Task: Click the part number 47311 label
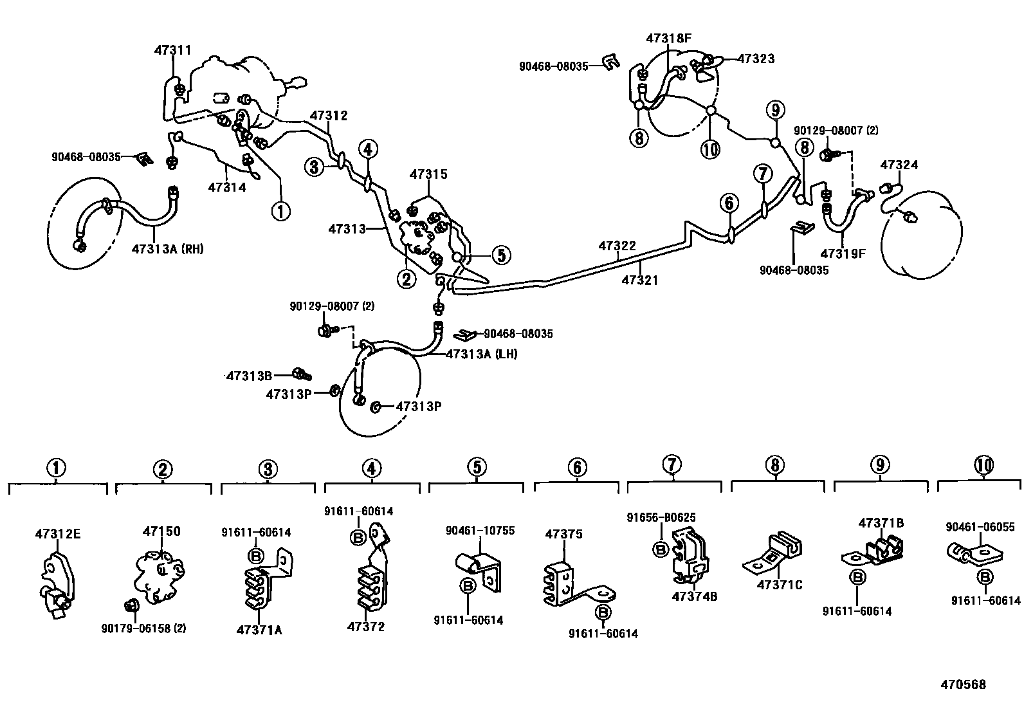click(172, 50)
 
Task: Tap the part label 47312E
click(58, 534)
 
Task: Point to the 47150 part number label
click(161, 531)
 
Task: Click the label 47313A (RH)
click(167, 249)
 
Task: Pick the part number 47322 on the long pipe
click(617, 246)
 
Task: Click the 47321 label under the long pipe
click(640, 280)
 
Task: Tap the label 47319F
click(843, 253)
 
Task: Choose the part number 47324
click(899, 165)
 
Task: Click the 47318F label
click(668, 38)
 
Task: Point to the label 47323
click(756, 59)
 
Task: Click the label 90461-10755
click(480, 531)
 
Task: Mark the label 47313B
click(249, 375)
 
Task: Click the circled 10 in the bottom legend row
click(983, 465)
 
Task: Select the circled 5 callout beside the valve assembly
click(501, 255)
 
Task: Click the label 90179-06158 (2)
click(144, 628)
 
